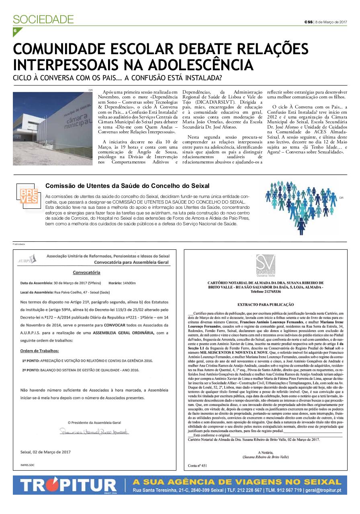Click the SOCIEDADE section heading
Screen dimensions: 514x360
point(43,19)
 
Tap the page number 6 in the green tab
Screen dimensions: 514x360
point(16,31)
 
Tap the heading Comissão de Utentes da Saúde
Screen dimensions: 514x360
point(127,186)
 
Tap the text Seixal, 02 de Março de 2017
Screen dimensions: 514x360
point(45,452)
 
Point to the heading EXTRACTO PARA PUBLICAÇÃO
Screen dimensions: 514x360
point(265,305)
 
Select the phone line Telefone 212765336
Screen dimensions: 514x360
point(266,292)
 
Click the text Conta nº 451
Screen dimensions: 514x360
point(197,465)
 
